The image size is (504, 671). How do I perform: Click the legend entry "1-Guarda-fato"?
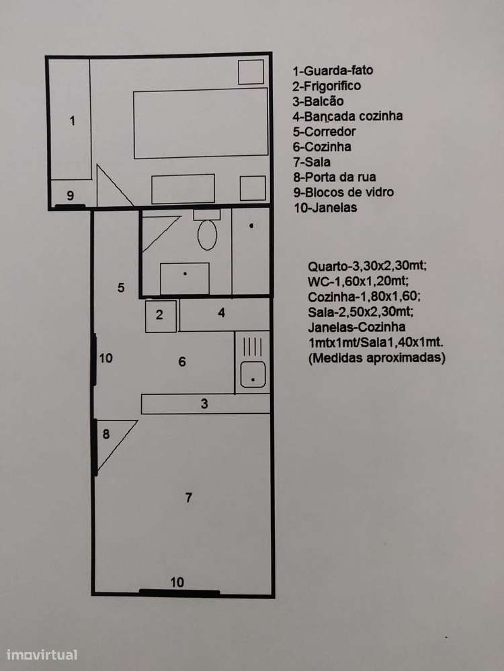pos(333,70)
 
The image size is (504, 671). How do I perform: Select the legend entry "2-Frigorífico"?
pos(327,85)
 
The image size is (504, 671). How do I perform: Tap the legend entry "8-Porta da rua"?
pos(334,177)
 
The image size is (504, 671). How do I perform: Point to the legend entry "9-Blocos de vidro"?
pos(343,192)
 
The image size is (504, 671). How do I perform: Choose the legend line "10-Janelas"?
pos(325,208)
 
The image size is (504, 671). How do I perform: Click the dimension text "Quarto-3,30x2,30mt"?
pos(368,266)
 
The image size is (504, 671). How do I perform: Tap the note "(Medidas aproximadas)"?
pos(377,358)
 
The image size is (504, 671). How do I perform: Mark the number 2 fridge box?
pos(160,315)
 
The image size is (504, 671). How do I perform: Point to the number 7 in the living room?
pos(189,498)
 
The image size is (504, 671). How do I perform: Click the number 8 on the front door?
pos(106,434)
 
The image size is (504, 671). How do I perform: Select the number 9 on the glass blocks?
pos(70,195)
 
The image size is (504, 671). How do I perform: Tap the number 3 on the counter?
pos(204,404)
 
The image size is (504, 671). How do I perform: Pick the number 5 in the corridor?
pos(121,287)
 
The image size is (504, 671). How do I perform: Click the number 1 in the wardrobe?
pos(72,121)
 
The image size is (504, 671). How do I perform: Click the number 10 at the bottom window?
pos(177,582)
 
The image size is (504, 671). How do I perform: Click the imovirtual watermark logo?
pos(42,654)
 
